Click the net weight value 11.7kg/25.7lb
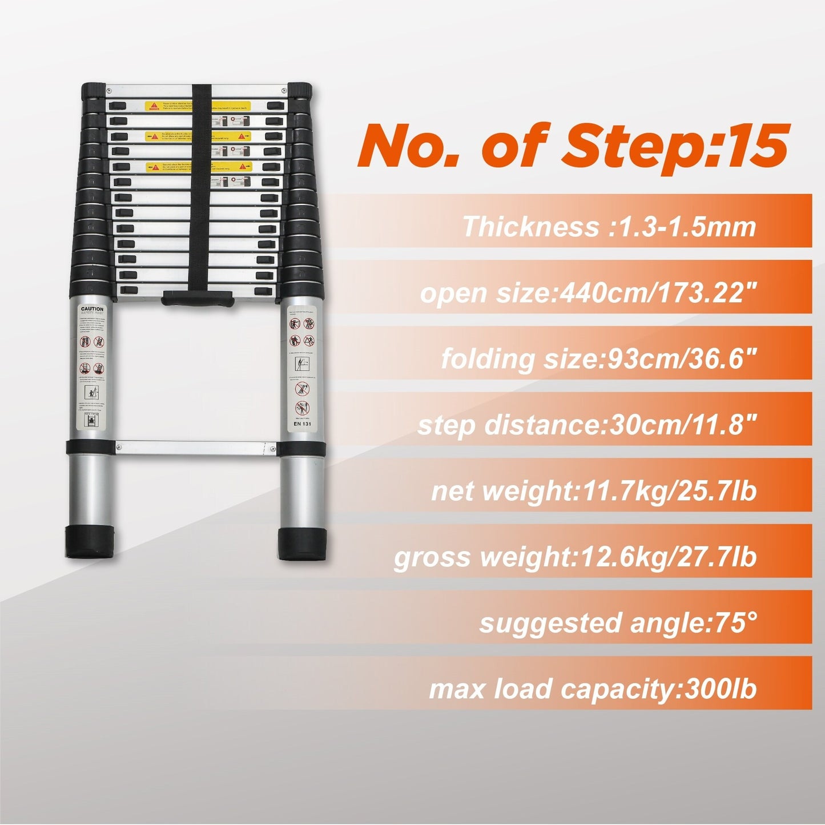[x=667, y=491]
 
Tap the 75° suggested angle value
[x=727, y=623]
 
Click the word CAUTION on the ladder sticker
[x=91, y=308]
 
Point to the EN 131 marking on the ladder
[x=301, y=424]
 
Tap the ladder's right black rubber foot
[x=303, y=545]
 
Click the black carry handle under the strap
[x=198, y=299]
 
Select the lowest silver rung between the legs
[x=197, y=448]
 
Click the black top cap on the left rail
[x=94, y=91]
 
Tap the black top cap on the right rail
[x=299, y=91]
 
